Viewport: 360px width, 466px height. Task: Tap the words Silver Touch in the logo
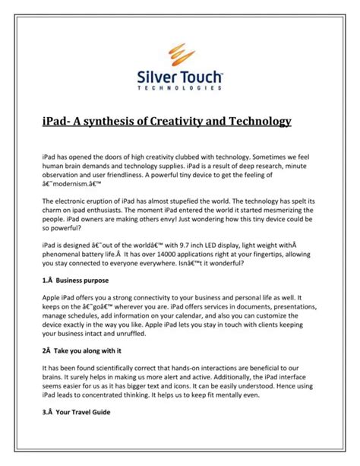(x=179, y=77)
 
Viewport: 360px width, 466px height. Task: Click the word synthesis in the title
(x=115, y=122)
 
